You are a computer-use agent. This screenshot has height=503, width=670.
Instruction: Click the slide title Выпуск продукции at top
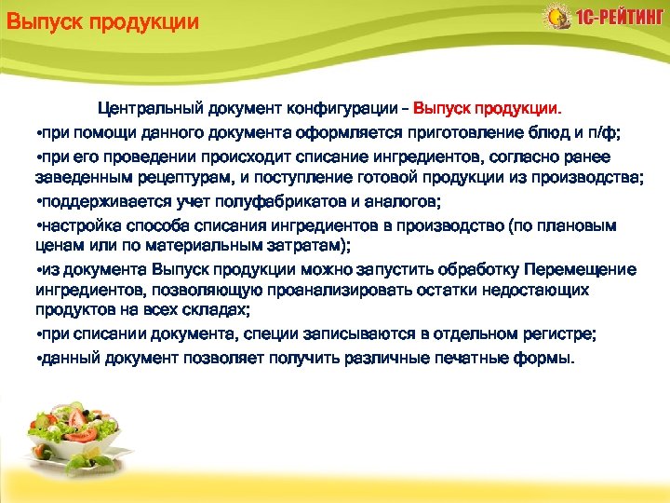point(101,21)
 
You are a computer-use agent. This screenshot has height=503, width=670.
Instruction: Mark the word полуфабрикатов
point(255,200)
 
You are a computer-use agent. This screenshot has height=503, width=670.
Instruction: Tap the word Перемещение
point(581,268)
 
